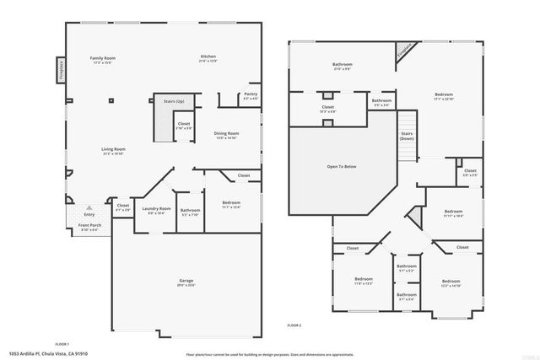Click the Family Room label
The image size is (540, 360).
coord(103,58)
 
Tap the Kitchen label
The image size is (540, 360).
coord(208,58)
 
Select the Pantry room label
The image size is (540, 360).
coord(251,94)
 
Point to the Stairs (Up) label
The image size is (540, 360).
coord(174,101)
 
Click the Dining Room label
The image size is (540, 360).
coord(226,133)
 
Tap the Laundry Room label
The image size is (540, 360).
coord(156,209)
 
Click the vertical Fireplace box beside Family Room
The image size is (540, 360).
coord(60,67)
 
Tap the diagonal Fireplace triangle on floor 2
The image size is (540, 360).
coord(404,53)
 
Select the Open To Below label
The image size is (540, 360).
coord(342,167)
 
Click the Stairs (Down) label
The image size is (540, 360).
coord(407,135)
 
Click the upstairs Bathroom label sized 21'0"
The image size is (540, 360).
coord(342,65)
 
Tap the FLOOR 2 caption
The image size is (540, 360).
coord(294,325)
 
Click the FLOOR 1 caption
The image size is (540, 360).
coord(62,344)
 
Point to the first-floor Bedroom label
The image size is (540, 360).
coord(230,203)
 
